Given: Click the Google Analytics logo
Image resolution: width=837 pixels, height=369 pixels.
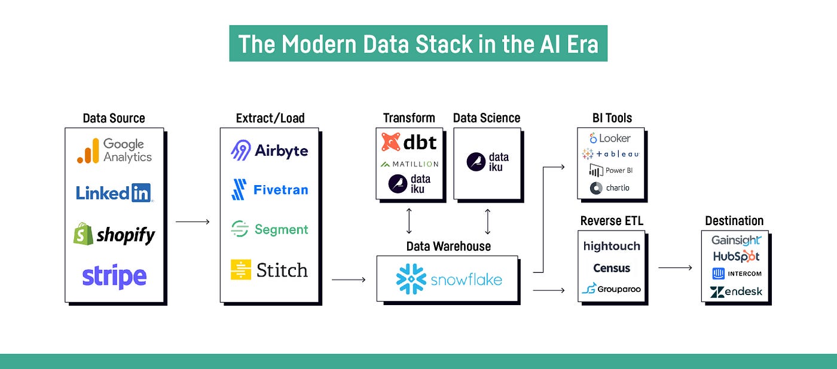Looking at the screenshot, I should [114, 150].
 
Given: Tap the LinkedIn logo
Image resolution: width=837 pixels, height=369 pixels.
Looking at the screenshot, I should [114, 192].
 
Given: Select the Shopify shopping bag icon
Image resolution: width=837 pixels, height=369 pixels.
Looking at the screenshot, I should [83, 233].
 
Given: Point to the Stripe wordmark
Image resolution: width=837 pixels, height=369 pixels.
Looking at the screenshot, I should [114, 276].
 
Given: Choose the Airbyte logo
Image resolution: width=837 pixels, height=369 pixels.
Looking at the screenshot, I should [269, 150].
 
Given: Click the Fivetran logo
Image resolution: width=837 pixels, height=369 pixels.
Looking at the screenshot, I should [269, 190].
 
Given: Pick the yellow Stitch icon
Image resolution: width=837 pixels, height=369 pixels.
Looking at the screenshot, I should [241, 270].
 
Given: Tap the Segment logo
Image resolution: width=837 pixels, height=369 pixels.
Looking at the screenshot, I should [269, 229].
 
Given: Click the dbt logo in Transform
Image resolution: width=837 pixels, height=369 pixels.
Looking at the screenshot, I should [409, 142].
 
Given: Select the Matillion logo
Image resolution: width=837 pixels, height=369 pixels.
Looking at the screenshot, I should [409, 164].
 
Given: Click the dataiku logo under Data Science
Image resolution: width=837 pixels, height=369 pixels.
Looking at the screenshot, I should [487, 162].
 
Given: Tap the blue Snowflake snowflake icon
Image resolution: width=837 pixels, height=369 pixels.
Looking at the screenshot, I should [411, 279].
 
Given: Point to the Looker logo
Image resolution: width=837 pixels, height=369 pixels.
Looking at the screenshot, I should [610, 138].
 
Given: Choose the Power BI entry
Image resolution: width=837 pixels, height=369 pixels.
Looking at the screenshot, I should [611, 170].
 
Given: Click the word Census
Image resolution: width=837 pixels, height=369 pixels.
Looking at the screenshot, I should [611, 268].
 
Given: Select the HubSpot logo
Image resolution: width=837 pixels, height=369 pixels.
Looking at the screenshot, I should [735, 256].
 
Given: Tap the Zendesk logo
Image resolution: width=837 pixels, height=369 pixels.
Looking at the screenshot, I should [735, 292].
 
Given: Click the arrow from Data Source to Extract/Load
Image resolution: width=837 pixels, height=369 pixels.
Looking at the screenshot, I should [193, 222].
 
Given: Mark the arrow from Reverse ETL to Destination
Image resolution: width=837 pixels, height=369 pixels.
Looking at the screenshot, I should [675, 267].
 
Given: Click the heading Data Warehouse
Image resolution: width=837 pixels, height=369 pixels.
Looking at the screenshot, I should [448, 246].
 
